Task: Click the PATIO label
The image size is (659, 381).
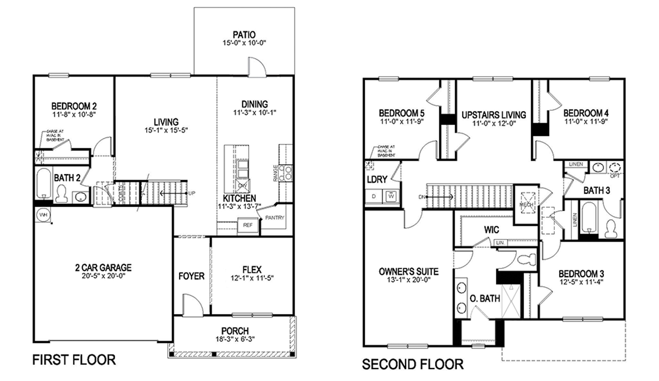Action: [x=244, y=35]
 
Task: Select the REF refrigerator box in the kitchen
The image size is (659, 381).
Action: [x=248, y=225]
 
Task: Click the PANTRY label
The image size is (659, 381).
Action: [x=274, y=217]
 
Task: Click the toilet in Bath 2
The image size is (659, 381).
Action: [x=62, y=194]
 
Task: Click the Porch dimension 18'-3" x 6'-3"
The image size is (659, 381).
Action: [x=235, y=339]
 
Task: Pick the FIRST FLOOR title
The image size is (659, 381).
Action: [x=74, y=359]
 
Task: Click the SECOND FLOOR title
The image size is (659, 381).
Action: [x=413, y=364]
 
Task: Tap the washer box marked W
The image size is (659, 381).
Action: [x=391, y=196]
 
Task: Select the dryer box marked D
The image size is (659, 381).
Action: [x=374, y=196]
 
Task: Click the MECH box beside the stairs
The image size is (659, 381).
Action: [x=527, y=202]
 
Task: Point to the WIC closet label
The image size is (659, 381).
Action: [x=491, y=229]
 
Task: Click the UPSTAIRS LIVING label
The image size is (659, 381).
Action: [x=493, y=115]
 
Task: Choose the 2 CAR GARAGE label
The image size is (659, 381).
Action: [x=103, y=268]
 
